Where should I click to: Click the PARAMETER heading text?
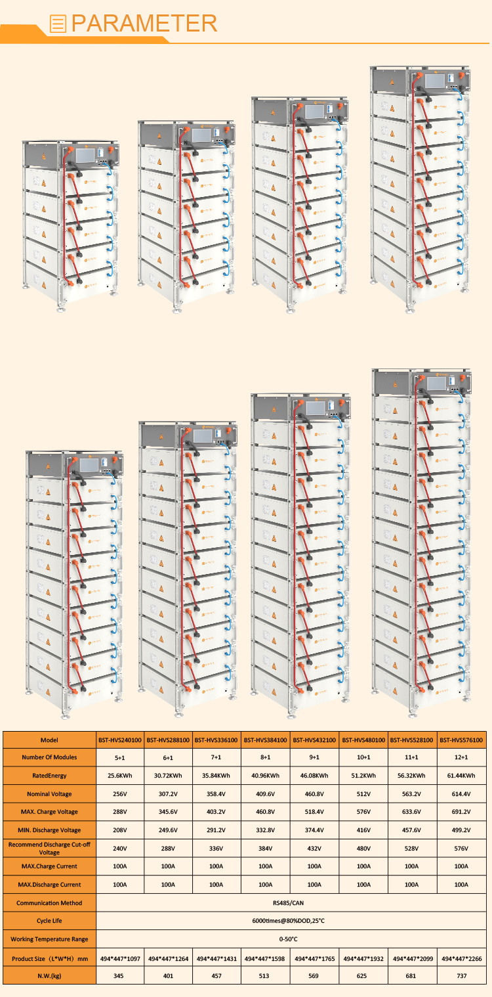point(144,23)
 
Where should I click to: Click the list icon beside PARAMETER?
point(58,24)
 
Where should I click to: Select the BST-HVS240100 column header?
point(120,740)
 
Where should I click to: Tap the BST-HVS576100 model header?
point(461,740)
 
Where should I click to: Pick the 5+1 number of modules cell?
point(120,757)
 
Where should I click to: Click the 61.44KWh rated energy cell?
point(461,776)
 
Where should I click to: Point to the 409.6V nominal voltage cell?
point(265,793)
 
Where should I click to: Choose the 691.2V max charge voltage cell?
point(461,811)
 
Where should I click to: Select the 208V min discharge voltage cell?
point(120,830)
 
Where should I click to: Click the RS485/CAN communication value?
point(289,902)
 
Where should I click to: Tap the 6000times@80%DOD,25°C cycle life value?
point(289,920)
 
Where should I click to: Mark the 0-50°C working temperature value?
point(289,939)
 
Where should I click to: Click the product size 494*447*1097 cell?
point(120,958)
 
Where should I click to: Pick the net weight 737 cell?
point(462,975)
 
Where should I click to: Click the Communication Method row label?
point(49,902)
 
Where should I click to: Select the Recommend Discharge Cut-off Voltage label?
point(49,848)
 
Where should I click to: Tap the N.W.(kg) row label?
point(49,975)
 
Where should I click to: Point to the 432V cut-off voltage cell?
point(314,849)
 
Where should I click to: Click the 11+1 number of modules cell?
point(411,757)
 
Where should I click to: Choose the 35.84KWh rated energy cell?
point(216,776)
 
